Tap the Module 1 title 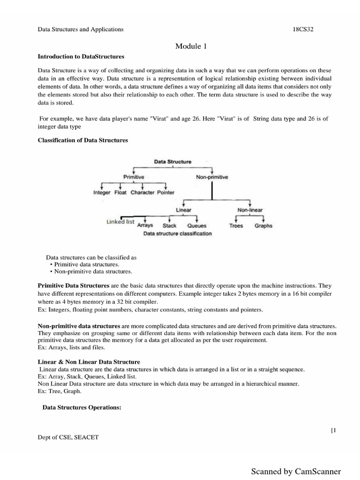(191, 46)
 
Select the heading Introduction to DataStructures (81, 56)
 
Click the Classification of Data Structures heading (82, 140)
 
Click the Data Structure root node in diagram (173, 162)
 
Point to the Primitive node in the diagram (134, 177)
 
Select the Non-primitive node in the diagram (212, 177)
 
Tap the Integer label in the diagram (102, 193)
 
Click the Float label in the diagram (120, 193)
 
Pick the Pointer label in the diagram (166, 193)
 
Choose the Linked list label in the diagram (120, 222)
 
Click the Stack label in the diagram (169, 225)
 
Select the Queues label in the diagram (196, 225)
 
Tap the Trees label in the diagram (236, 225)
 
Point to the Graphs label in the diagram (263, 225)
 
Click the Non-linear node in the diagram (250, 210)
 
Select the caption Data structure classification (177, 233)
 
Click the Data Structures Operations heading (82, 408)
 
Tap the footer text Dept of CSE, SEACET (68, 437)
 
